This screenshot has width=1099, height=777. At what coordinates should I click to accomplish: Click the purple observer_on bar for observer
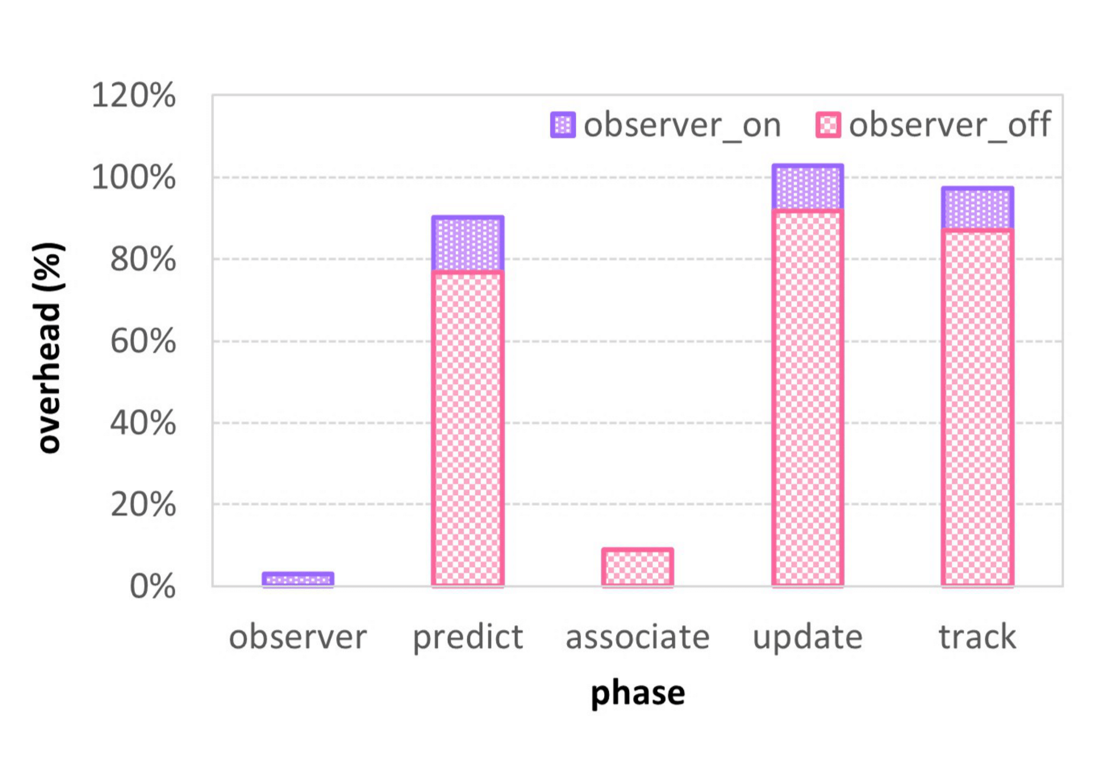(x=298, y=579)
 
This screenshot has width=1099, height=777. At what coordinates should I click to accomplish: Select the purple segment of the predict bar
(x=468, y=243)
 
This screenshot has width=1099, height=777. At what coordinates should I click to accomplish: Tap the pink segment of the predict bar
(x=468, y=429)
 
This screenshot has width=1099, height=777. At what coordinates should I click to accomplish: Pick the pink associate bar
(x=637, y=567)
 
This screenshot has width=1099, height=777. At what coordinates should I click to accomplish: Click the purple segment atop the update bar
(x=808, y=187)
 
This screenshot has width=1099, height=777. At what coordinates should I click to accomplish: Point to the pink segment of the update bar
(x=808, y=397)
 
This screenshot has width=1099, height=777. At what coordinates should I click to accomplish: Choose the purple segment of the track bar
(x=977, y=208)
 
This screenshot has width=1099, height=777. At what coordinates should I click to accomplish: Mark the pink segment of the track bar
(x=977, y=407)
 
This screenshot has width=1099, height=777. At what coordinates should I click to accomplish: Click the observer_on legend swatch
(x=563, y=125)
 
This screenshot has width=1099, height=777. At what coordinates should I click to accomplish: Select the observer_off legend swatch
(x=828, y=125)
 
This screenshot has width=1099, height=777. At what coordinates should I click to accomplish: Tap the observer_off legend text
(x=950, y=125)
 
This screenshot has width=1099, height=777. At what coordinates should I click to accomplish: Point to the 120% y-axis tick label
(x=133, y=95)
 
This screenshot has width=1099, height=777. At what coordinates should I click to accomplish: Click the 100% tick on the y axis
(x=133, y=178)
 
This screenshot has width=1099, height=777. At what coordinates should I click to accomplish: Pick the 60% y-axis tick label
(x=142, y=341)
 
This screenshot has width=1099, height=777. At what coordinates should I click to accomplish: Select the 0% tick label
(x=152, y=587)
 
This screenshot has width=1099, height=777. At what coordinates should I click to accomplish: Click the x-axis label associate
(x=637, y=637)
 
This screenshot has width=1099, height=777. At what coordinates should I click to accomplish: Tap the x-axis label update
(x=808, y=638)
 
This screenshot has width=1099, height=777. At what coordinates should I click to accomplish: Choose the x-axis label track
(x=977, y=637)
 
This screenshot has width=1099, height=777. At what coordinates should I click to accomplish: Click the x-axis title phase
(x=637, y=694)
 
